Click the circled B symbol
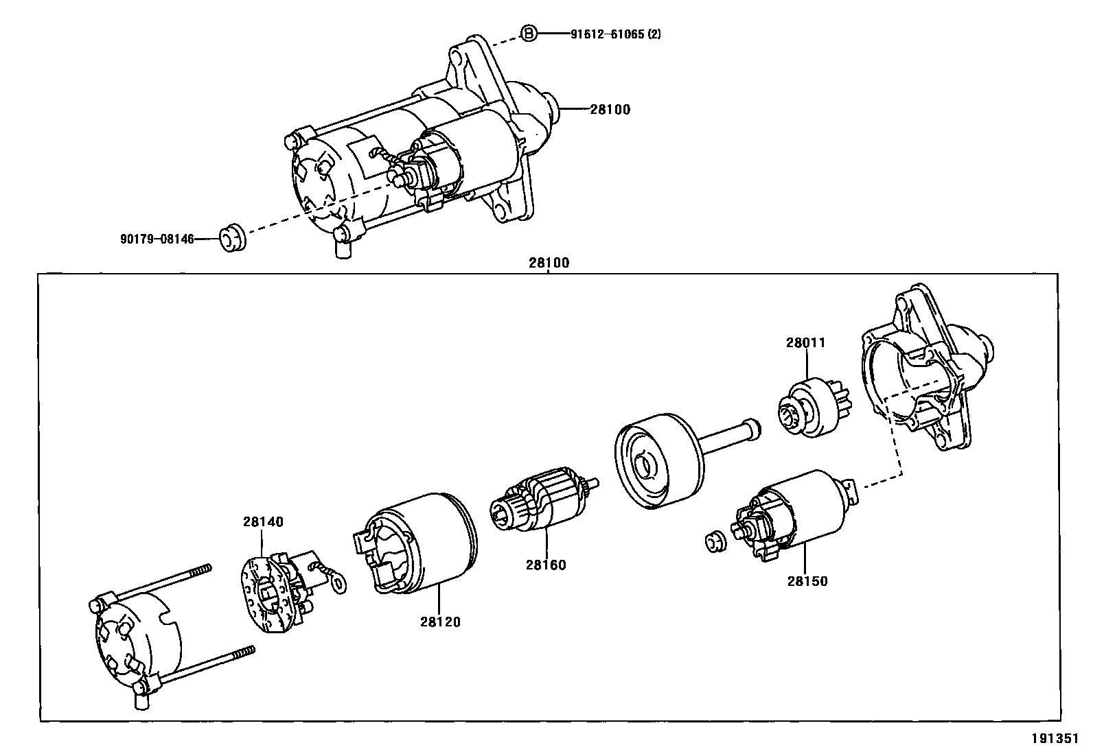click(528, 34)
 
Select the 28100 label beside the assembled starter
click(610, 109)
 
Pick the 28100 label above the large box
click(549, 263)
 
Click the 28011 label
click(805, 342)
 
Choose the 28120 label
click(440, 622)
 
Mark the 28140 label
click(262, 521)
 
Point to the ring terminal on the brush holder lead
click(336, 584)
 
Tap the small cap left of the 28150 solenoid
click(714, 542)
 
